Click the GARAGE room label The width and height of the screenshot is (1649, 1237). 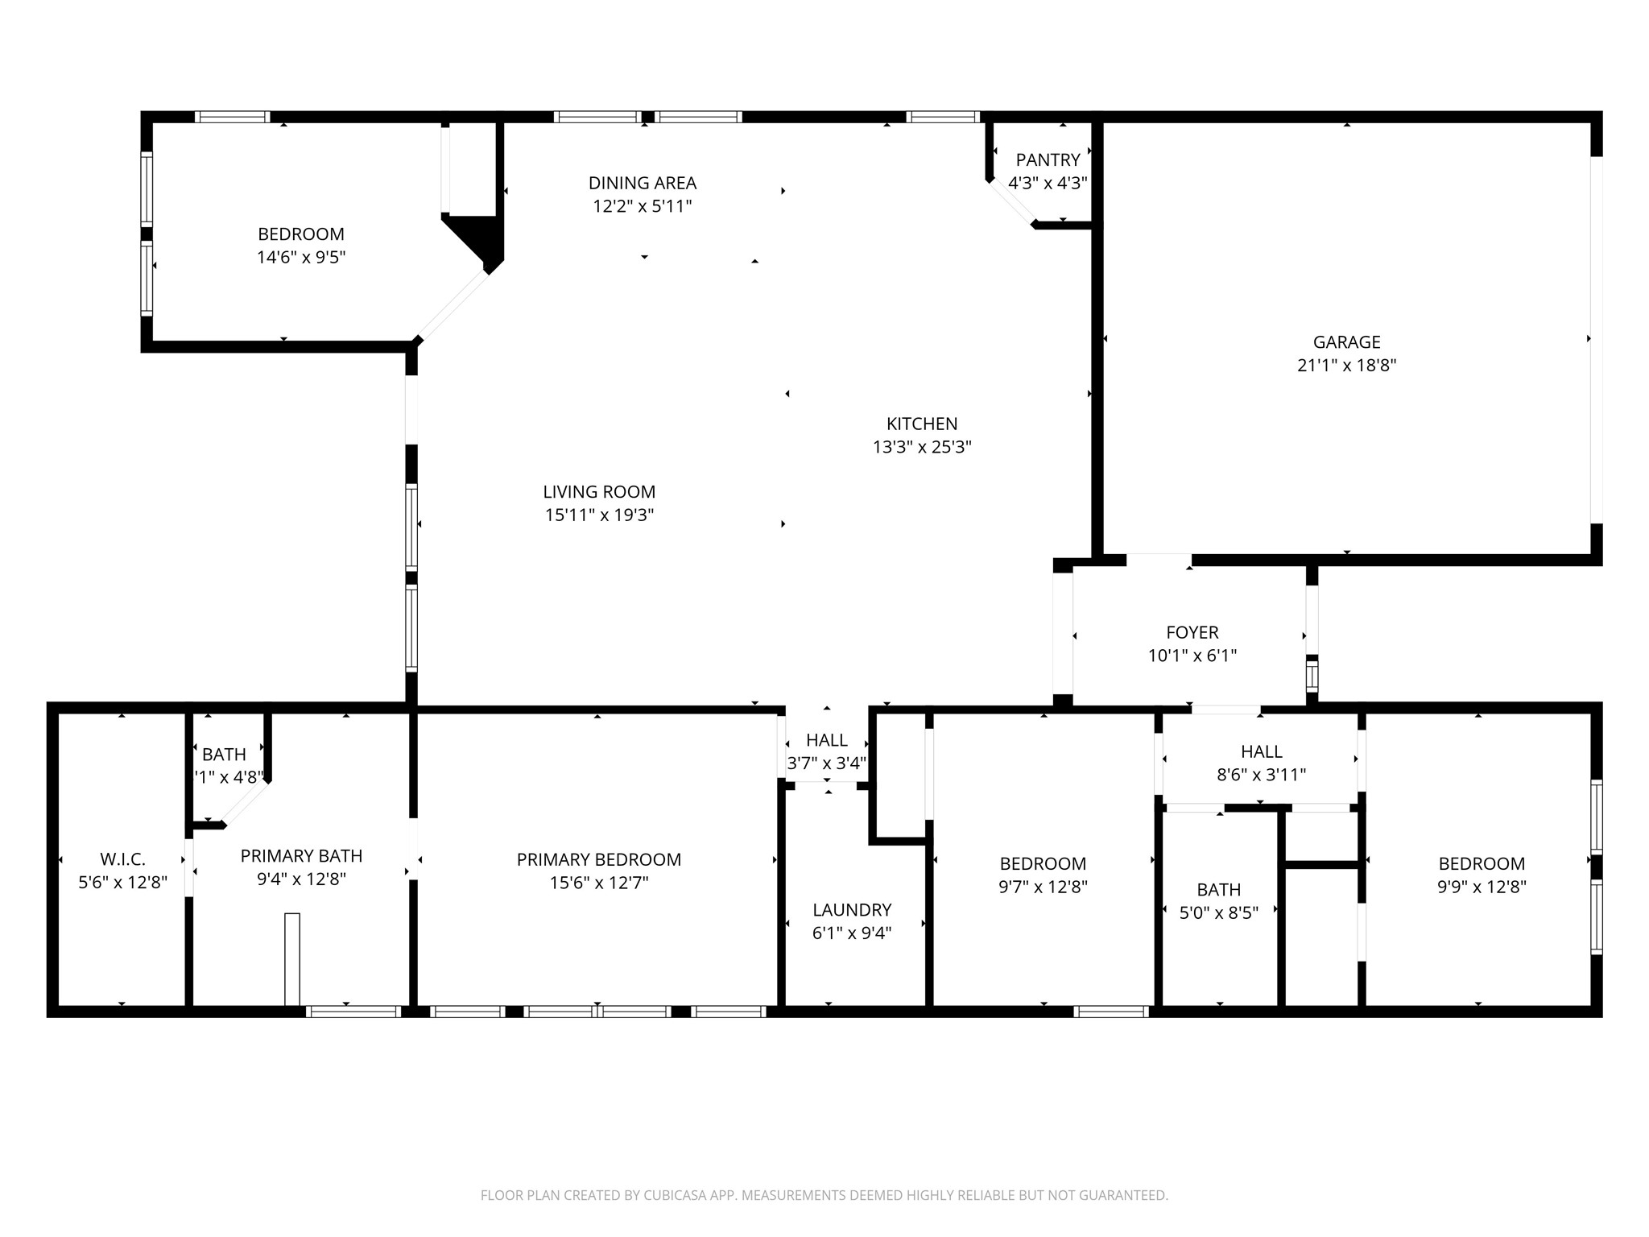click(x=1346, y=342)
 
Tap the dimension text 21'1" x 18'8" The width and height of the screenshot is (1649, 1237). click(x=1346, y=366)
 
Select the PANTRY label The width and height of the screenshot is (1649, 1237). click(x=1048, y=160)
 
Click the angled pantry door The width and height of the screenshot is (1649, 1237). click(x=1012, y=201)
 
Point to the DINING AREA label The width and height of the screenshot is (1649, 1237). click(x=642, y=184)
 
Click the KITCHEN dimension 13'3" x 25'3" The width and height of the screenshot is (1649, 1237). click(x=922, y=447)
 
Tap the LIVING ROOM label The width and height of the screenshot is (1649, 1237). click(x=599, y=492)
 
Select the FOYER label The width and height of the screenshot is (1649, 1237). click(x=1192, y=633)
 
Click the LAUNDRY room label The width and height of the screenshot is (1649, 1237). click(x=852, y=910)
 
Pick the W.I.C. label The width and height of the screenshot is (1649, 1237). click(x=122, y=859)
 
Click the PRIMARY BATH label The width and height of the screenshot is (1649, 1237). click(x=301, y=856)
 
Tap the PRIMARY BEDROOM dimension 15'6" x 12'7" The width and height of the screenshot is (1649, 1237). click(x=598, y=883)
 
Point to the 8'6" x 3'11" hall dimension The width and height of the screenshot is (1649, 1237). click(x=1261, y=775)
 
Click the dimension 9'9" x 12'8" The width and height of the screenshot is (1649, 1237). click(x=1482, y=887)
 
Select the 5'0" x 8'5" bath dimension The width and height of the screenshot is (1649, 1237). click(x=1218, y=913)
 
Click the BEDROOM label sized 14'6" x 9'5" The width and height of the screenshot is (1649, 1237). click(x=300, y=234)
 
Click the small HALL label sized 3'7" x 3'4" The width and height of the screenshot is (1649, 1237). click(x=826, y=740)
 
